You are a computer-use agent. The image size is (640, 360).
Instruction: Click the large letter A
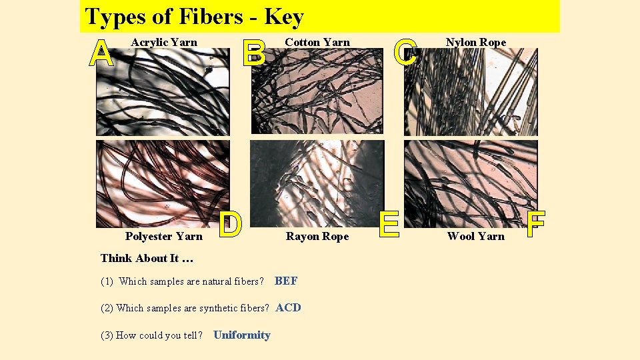(x=101, y=53)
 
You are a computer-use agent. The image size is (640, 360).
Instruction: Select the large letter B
(x=254, y=53)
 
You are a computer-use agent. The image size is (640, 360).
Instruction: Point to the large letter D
(x=231, y=225)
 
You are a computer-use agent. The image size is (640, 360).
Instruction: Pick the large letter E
(x=389, y=224)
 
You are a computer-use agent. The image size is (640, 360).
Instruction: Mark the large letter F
(x=536, y=225)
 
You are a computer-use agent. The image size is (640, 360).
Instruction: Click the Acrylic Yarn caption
(x=164, y=43)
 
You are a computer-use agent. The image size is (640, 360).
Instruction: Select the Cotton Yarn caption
(x=317, y=43)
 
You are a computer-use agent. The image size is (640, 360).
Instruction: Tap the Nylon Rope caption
(x=476, y=43)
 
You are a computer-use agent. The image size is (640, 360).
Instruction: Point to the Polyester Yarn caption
(x=163, y=237)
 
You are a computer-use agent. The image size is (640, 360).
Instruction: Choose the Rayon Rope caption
(x=317, y=237)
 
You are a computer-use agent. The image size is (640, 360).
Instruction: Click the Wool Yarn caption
(x=476, y=237)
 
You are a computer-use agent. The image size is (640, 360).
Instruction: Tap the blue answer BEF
(x=286, y=281)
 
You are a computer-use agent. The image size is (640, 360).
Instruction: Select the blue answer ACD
(x=288, y=308)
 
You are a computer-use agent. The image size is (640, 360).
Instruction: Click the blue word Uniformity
(x=242, y=335)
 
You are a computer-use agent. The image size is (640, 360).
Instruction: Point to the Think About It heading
(x=146, y=259)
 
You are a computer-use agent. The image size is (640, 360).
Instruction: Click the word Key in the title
(x=284, y=17)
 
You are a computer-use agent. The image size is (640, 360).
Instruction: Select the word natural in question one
(x=217, y=282)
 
